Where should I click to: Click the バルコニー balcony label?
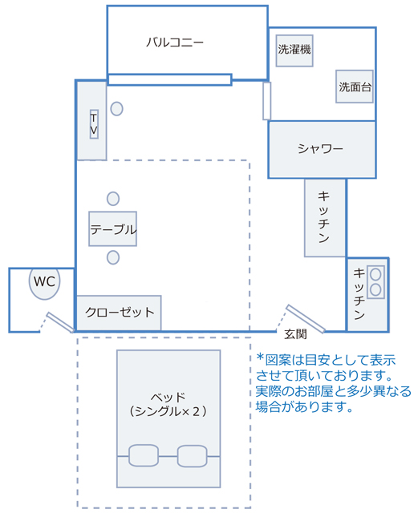tap(175, 42)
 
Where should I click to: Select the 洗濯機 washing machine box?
tap(294, 50)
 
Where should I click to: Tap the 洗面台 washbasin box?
tap(355, 87)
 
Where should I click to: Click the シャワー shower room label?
tap(320, 149)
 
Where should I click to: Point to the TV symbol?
tap(94, 124)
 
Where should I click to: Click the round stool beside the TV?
tap(116, 109)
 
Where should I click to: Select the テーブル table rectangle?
tap(112, 228)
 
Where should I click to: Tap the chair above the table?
tap(113, 199)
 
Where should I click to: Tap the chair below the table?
tap(113, 257)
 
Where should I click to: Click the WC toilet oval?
tap(45, 283)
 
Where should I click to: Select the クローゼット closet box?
tap(119, 313)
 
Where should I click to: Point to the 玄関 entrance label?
tap(295, 334)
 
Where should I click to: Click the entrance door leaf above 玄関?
tap(306, 319)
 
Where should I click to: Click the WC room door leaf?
tap(61, 322)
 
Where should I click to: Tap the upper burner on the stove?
tap(375, 274)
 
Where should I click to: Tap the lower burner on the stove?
tap(375, 289)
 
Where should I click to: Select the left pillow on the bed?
tap(144, 455)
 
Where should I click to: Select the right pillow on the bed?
tap(192, 456)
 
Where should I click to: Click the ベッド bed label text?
tap(168, 398)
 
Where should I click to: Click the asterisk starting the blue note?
tap(260, 357)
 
